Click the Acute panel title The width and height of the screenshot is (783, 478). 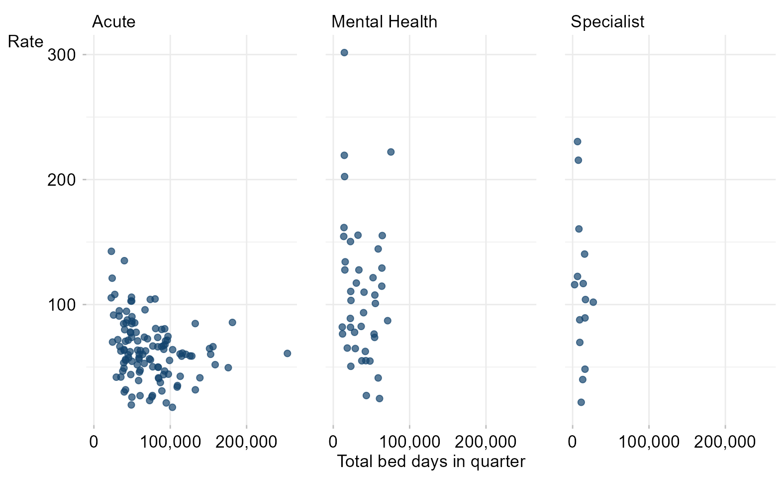click(x=114, y=22)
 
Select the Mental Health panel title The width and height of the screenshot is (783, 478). click(x=384, y=22)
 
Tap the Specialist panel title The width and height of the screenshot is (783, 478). click(x=607, y=22)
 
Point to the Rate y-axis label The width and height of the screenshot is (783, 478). click(x=25, y=42)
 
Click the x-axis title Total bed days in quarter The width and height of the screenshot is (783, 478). click(x=431, y=462)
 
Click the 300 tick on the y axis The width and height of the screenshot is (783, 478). click(x=61, y=55)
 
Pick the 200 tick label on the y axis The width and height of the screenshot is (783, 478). click(x=61, y=180)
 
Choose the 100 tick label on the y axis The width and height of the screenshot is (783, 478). click(x=61, y=305)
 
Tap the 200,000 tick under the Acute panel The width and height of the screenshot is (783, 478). click(x=246, y=442)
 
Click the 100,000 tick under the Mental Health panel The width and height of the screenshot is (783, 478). click(x=409, y=442)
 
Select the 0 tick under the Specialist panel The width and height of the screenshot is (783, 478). click(x=573, y=442)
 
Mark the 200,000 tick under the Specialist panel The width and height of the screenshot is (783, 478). click(x=725, y=442)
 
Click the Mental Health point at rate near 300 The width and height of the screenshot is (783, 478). click(x=344, y=53)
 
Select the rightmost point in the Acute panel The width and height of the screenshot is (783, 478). click(x=287, y=354)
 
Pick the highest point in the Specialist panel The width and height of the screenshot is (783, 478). click(x=577, y=141)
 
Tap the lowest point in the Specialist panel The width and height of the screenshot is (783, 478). click(x=581, y=402)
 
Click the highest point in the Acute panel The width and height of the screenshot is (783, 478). click(x=111, y=251)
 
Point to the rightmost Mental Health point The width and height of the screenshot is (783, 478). click(x=391, y=152)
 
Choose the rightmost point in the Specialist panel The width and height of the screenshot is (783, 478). click(x=592, y=302)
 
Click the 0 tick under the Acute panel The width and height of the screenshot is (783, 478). click(x=94, y=442)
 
